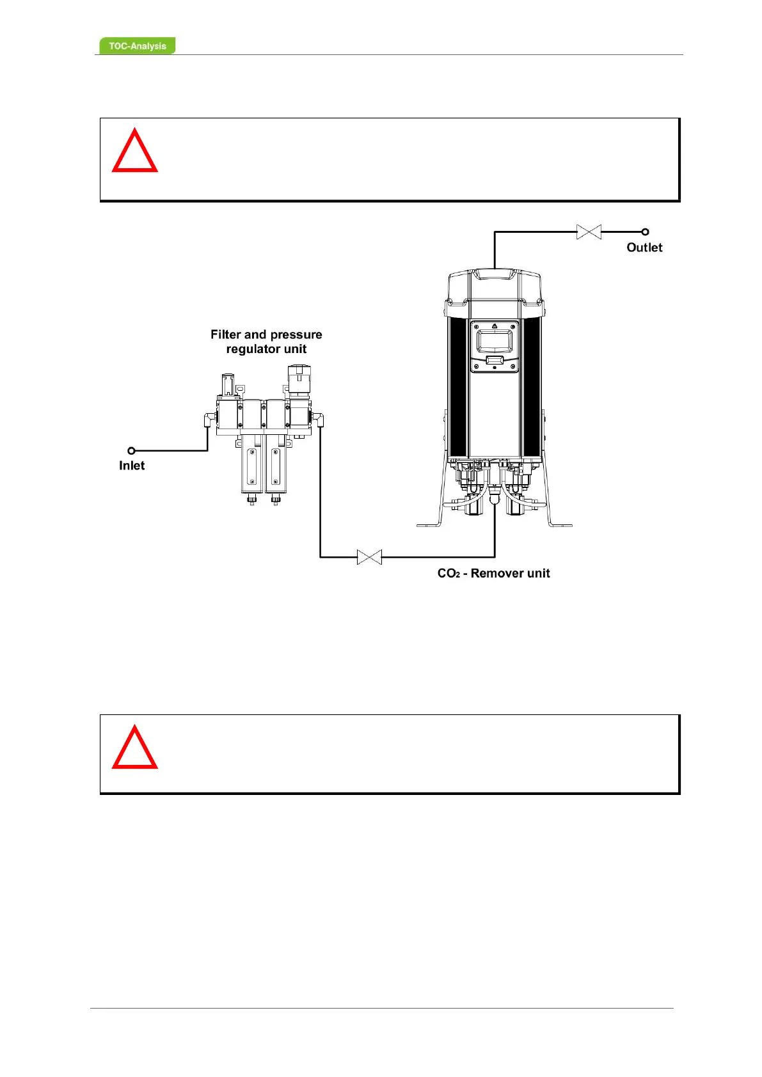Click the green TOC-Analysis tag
tap(137, 46)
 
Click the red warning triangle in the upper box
tap(134, 152)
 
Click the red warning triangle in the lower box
tap(134, 748)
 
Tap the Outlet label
tap(644, 248)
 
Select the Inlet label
tap(132, 466)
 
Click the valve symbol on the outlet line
tap(589, 232)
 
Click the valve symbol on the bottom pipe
tap(369, 557)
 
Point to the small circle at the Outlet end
tap(645, 232)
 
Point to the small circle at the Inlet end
tap(131, 451)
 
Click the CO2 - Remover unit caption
tap(493, 573)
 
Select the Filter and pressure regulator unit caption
tap(266, 342)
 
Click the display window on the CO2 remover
tap(495, 339)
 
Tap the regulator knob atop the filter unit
tap(298, 380)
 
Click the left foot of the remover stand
tap(429, 525)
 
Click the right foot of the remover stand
tap(560, 525)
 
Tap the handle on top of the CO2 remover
tap(495, 274)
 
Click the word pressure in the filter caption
tap(296, 334)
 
